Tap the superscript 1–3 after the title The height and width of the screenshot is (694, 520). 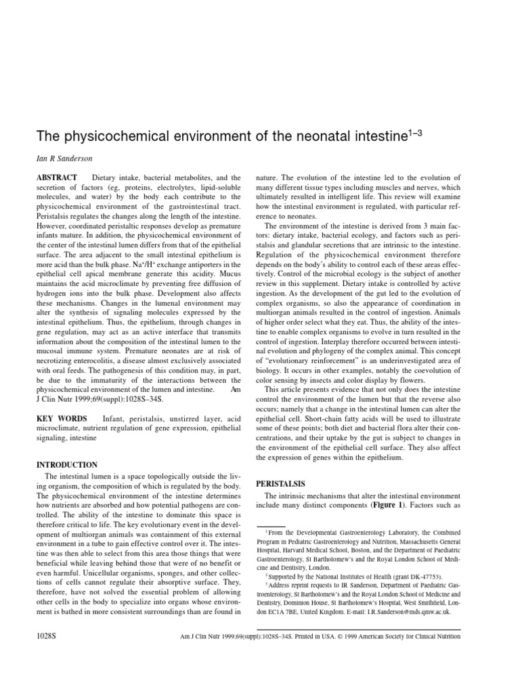(413, 131)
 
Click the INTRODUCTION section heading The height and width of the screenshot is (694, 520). (66, 465)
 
